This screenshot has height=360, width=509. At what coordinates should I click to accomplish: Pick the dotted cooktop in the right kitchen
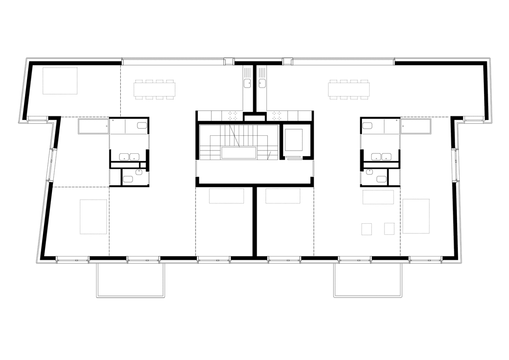(276, 115)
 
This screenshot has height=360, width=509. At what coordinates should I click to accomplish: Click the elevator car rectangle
(293, 140)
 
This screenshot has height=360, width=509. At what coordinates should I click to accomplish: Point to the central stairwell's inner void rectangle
(239, 153)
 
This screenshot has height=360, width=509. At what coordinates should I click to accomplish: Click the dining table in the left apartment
(155, 89)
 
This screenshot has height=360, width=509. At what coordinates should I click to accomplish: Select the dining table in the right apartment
(349, 89)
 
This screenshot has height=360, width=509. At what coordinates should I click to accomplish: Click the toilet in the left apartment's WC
(128, 179)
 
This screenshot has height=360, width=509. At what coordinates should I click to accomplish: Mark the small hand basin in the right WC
(369, 172)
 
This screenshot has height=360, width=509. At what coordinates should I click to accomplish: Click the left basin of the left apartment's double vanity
(124, 157)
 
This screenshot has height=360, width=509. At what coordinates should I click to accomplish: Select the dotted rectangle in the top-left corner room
(60, 81)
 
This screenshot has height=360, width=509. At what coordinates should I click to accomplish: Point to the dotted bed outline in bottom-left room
(93, 216)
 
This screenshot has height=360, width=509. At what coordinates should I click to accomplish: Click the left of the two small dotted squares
(366, 229)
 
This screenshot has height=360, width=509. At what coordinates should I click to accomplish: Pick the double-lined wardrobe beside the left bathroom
(93, 127)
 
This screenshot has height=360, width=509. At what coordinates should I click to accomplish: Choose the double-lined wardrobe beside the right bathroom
(415, 127)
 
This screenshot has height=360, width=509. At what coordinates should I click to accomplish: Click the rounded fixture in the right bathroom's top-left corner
(367, 126)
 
